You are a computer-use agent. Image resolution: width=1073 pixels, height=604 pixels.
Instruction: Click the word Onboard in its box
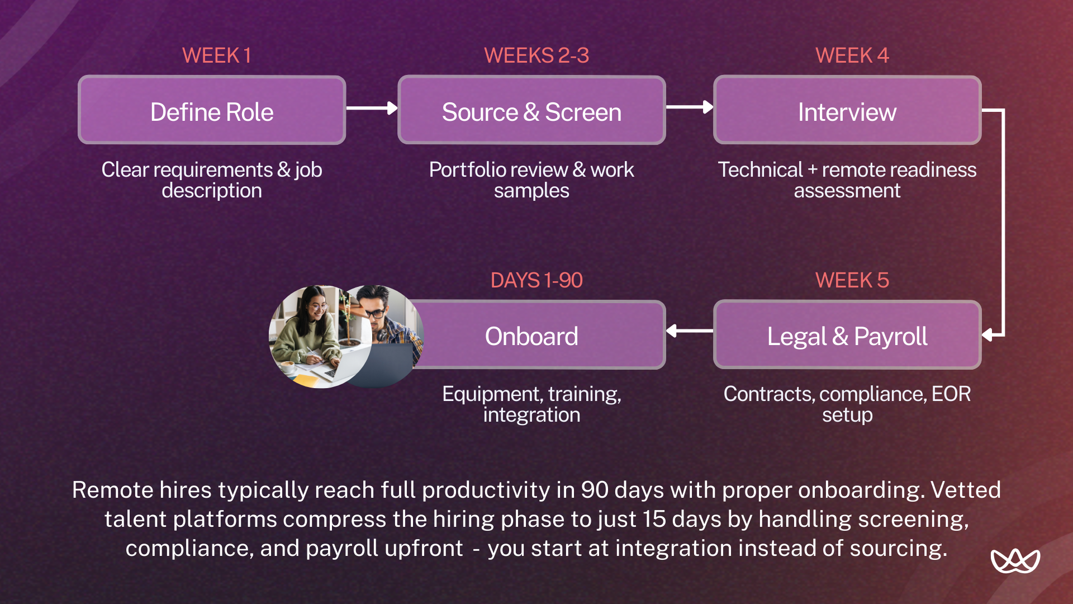(531, 336)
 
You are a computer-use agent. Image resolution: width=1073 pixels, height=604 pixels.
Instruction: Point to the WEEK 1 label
(216, 55)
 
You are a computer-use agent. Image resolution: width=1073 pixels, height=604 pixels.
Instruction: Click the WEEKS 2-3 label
(536, 55)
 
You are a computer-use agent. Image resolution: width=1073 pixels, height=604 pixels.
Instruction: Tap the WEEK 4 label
(852, 55)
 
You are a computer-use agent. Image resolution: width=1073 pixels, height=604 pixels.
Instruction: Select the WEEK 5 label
(852, 280)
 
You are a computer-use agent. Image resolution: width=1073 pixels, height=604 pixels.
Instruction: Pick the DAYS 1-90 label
(536, 280)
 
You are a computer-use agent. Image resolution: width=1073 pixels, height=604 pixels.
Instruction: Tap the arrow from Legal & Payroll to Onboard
(690, 331)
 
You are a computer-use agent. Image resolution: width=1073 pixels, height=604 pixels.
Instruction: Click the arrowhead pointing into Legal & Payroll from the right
(988, 335)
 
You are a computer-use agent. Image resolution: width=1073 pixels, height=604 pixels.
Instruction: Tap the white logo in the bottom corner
(1015, 561)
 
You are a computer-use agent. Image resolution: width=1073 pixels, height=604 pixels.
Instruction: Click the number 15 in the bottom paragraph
(654, 519)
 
